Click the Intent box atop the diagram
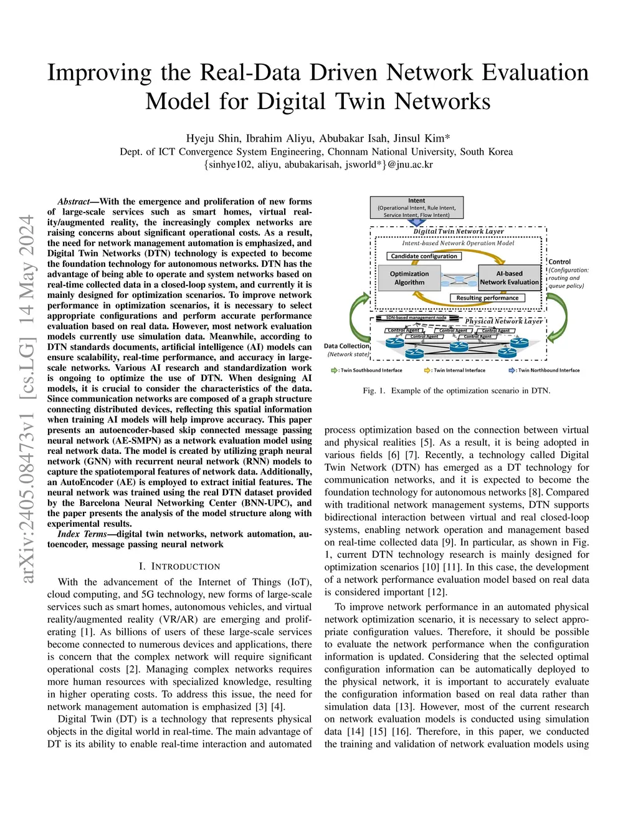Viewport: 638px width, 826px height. [416, 208]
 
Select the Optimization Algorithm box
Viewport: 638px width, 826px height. [409, 278]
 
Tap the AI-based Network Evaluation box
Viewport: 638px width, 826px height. [509, 278]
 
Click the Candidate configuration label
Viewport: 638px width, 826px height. [424, 256]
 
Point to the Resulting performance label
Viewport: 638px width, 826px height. [487, 298]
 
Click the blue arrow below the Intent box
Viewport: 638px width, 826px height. [416, 223]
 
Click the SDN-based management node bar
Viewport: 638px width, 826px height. [416, 318]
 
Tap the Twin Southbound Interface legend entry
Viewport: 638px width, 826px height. [368, 370]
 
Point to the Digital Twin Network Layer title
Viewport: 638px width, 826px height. [459, 231]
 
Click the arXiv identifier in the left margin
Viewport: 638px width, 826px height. [27, 399]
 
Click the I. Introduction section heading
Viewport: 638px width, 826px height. [179, 567]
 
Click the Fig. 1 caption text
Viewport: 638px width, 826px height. [456, 391]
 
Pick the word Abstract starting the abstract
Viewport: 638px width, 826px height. [74, 202]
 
